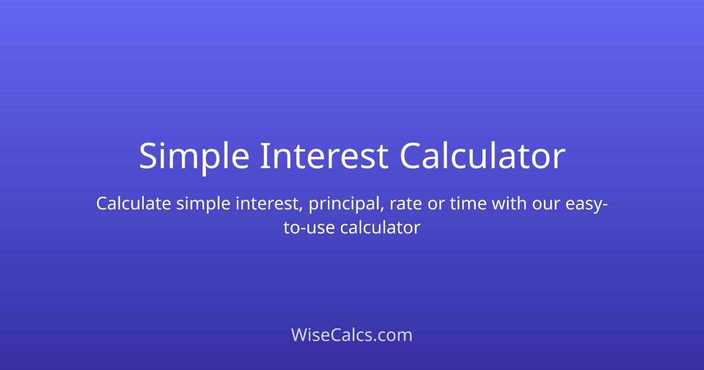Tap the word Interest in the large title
pos(323,156)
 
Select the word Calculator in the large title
pos(482,156)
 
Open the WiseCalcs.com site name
pos(352,335)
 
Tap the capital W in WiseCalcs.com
pos(299,335)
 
